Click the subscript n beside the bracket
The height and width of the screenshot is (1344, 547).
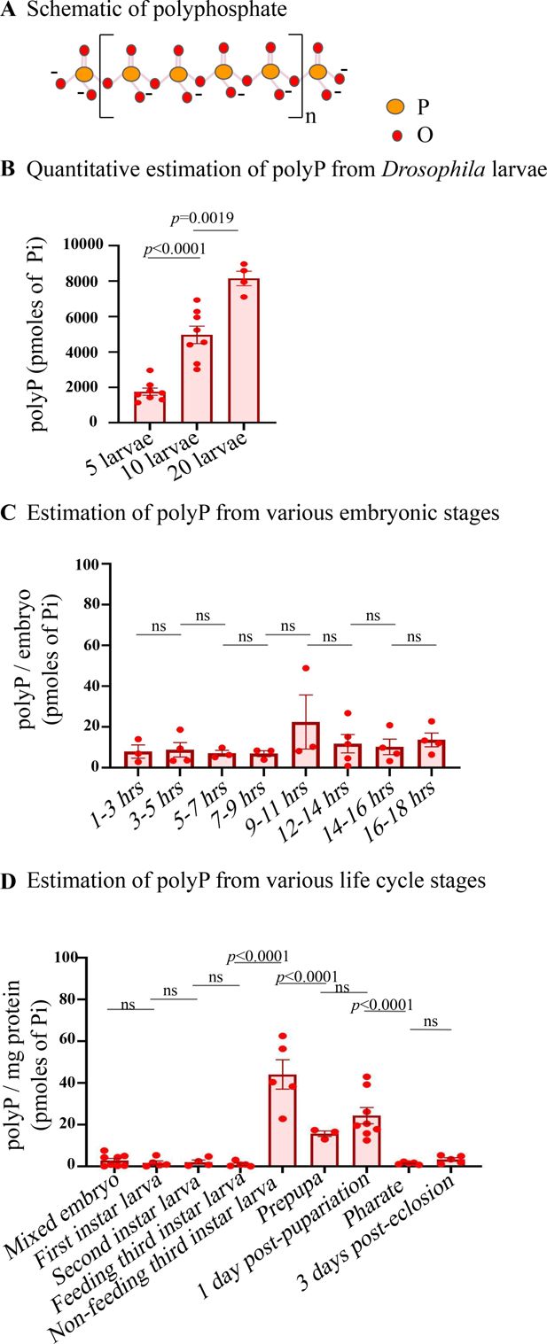pos(310,91)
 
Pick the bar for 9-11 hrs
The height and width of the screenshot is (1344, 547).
pos(304,745)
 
